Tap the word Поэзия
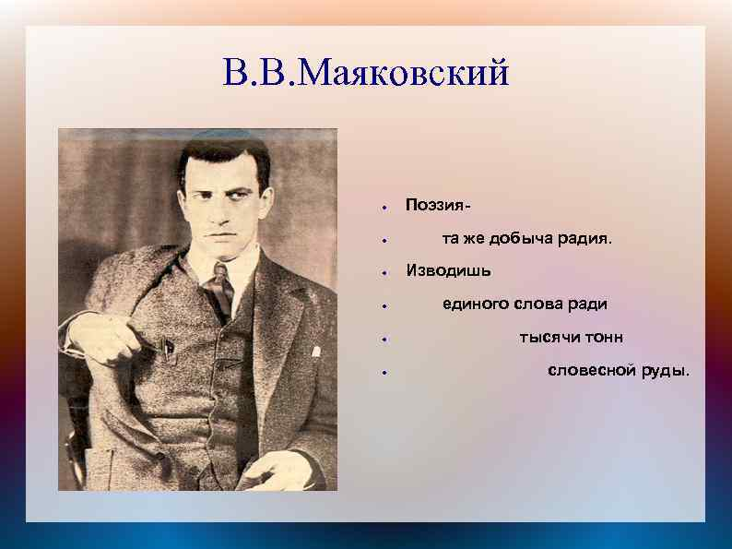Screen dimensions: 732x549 click(x=434, y=205)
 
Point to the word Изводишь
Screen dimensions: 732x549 click(x=448, y=270)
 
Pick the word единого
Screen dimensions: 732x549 click(x=476, y=304)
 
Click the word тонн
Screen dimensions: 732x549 click(x=603, y=338)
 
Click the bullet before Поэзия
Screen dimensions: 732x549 click(x=384, y=206)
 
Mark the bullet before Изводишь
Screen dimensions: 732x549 click(x=384, y=272)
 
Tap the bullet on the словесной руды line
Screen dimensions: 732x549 click(x=384, y=373)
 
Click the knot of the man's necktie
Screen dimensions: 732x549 click(x=220, y=271)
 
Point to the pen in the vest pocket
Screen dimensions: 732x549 click(x=167, y=348)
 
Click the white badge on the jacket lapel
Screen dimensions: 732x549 click(x=316, y=352)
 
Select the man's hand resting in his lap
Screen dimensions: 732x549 click(x=276, y=470)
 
